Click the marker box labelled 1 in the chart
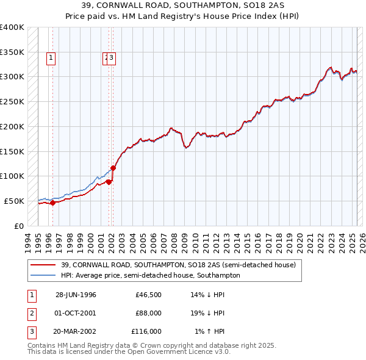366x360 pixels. click(50, 59)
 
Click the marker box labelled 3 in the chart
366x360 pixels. click(113, 59)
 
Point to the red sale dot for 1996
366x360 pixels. click(52, 203)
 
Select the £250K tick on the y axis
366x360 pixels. click(12, 101)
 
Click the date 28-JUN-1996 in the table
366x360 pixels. click(76, 295)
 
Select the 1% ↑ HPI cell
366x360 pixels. click(210, 331)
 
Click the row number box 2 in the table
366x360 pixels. click(31, 313)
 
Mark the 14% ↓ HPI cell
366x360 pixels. click(208, 295)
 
